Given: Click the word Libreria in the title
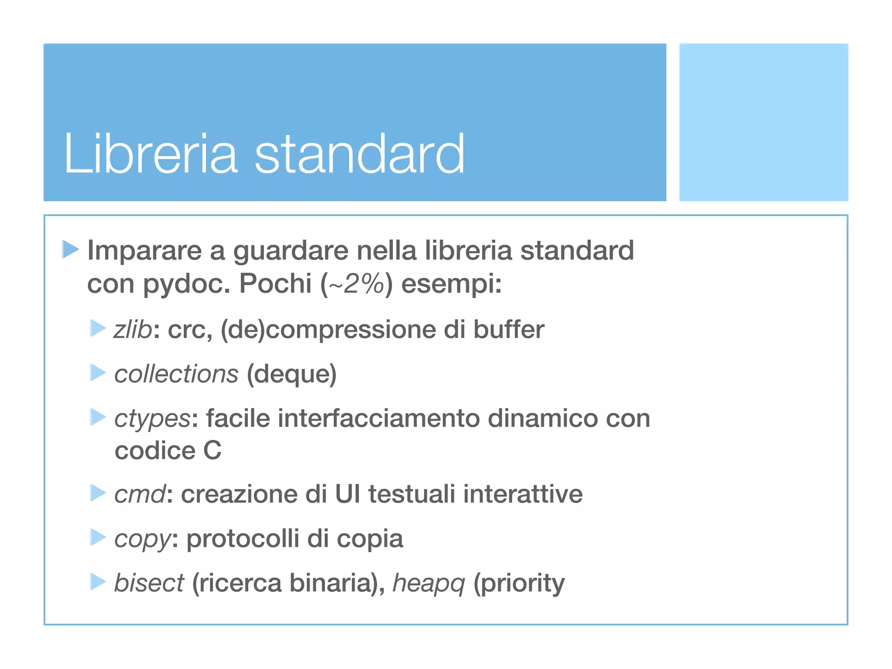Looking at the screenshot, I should pyautogui.click(x=150, y=154).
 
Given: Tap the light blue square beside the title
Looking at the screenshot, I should pyautogui.click(x=764, y=122).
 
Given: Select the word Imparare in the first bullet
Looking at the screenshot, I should pyautogui.click(x=144, y=251).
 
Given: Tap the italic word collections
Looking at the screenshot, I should pyautogui.click(x=176, y=374).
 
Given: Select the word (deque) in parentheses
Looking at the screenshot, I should pyautogui.click(x=291, y=374).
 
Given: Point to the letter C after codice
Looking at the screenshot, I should pyautogui.click(x=212, y=450).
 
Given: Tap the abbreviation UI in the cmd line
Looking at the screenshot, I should pyautogui.click(x=348, y=494).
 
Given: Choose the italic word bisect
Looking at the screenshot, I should pyautogui.click(x=149, y=583).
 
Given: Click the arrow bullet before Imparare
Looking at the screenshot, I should pyautogui.click(x=70, y=249).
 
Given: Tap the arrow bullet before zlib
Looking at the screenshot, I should pyautogui.click(x=98, y=328).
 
